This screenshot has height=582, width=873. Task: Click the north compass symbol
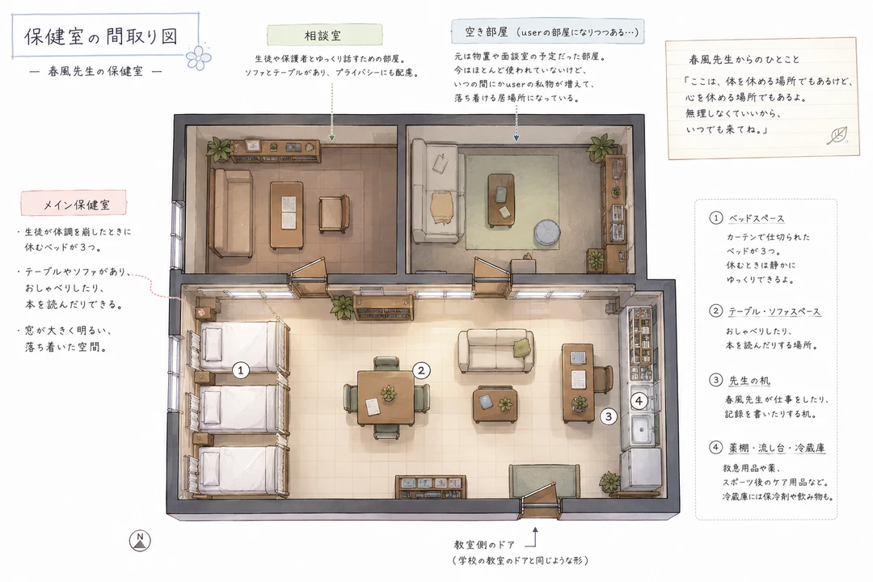coord(140,540)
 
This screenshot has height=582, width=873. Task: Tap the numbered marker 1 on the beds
coord(241,369)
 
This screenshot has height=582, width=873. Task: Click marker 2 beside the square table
coord(421,370)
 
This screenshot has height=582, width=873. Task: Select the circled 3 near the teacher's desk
coord(609,416)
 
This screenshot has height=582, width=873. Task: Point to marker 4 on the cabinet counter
coord(639,400)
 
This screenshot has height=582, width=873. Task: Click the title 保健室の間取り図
coord(101,36)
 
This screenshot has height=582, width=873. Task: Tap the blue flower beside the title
coord(199,57)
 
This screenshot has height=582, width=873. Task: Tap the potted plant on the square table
coord(388,393)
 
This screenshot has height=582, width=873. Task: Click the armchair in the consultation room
coord(334,213)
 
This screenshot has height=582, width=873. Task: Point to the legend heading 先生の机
coord(749,381)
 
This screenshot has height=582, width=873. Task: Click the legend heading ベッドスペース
coord(756,218)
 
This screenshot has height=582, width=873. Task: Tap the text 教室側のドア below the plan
coord(484,545)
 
